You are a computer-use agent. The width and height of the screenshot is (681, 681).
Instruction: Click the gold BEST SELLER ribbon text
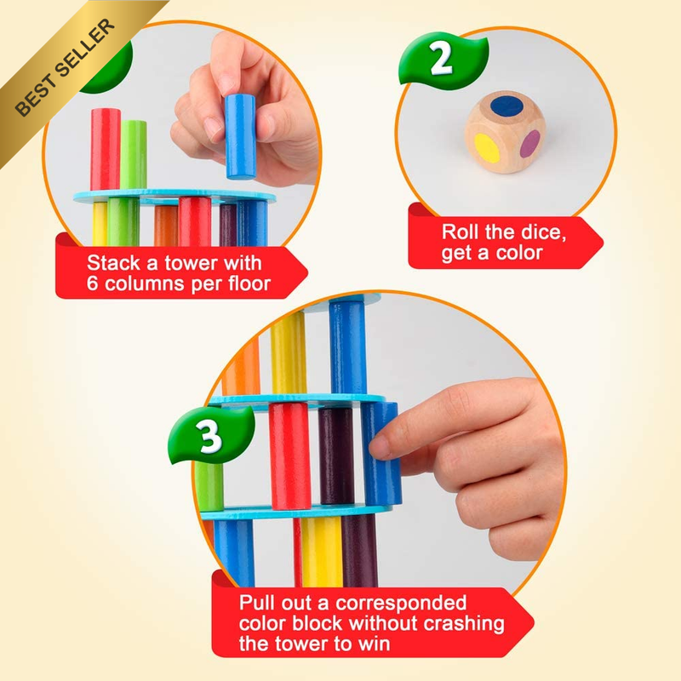click(x=66, y=67)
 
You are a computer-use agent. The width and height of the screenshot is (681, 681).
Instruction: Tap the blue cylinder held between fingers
click(x=240, y=136)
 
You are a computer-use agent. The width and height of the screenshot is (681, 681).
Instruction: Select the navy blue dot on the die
click(x=506, y=106)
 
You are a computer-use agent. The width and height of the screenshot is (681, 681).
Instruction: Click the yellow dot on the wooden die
click(x=487, y=147)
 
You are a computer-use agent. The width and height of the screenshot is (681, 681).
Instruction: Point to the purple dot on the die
click(x=529, y=144)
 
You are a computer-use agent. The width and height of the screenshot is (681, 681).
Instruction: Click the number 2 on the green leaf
click(x=441, y=59)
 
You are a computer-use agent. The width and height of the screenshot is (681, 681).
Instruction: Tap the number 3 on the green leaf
click(x=209, y=436)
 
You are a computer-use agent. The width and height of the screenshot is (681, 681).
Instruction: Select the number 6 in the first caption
click(x=92, y=283)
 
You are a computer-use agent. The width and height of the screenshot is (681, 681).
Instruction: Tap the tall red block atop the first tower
click(x=105, y=150)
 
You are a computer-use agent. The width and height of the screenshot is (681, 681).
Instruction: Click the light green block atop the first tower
click(x=134, y=155)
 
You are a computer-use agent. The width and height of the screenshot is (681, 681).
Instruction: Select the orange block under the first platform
click(x=166, y=226)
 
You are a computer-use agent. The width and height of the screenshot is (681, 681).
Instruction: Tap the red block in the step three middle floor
click(x=289, y=456)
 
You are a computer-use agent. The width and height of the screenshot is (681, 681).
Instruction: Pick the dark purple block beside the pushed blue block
click(x=336, y=456)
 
